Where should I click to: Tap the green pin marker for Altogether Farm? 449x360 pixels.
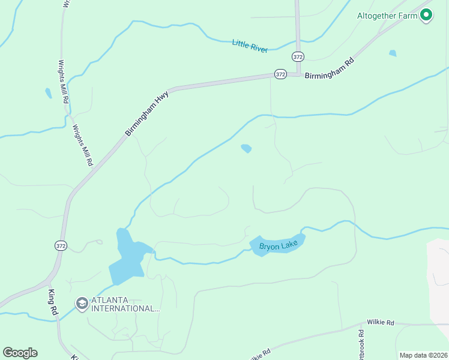[x=426, y=16]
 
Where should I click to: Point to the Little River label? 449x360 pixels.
[x=250, y=46]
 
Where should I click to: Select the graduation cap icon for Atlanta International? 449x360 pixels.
[x=82, y=304]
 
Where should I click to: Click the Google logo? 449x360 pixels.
[x=20, y=353]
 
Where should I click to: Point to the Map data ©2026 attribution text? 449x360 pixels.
[x=423, y=355]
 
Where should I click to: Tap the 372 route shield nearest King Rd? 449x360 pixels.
[x=60, y=245]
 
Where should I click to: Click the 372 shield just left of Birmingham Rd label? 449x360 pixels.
[x=280, y=74]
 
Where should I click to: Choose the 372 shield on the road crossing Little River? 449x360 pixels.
[x=298, y=56]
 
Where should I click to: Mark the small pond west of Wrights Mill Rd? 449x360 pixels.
[x=48, y=94]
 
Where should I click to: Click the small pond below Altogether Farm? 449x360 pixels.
[x=393, y=53]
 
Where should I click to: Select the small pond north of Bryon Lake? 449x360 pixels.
[x=246, y=148]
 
